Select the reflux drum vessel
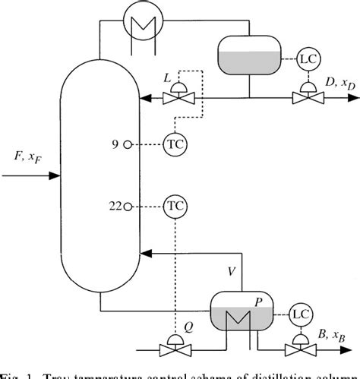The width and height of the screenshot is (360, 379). point(250,55)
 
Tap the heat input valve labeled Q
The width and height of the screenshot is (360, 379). point(175,349)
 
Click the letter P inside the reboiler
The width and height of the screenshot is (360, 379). point(259,302)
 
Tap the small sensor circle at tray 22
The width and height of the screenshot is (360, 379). point(128,206)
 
